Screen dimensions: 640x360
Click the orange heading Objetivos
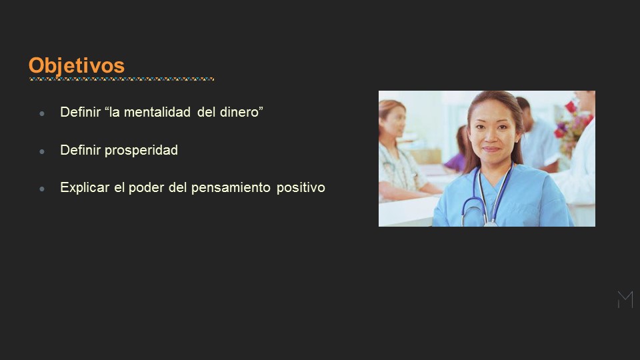(x=76, y=66)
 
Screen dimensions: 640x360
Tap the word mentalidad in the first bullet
(x=157, y=112)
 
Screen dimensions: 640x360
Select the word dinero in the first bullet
(x=239, y=112)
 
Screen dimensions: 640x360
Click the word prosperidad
(x=141, y=151)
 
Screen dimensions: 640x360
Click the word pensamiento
(x=231, y=188)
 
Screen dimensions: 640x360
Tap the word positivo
(x=301, y=188)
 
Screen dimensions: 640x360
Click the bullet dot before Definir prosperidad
(x=42, y=151)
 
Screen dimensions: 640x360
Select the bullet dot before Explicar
(x=42, y=189)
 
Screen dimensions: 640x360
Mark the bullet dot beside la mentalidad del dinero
(x=42, y=113)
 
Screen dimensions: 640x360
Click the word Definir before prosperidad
(x=81, y=150)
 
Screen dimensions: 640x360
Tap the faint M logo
(x=625, y=299)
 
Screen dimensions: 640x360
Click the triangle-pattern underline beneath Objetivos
(x=121, y=79)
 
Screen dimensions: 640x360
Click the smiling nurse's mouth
(x=491, y=149)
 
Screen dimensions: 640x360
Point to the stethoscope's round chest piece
(x=490, y=224)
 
